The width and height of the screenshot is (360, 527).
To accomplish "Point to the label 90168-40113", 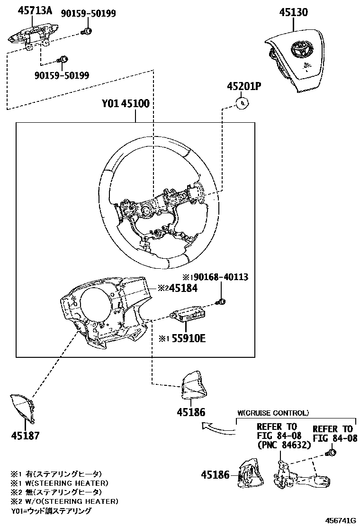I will pyautogui.click(x=218, y=277).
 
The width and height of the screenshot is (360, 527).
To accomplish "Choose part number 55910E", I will pyautogui.click(x=186, y=338).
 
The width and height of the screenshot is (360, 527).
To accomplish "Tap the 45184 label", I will pyautogui.click(x=179, y=288).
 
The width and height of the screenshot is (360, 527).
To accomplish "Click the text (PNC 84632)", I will pyautogui.click(x=284, y=445).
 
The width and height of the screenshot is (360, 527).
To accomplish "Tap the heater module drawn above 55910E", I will pyautogui.click(x=188, y=314).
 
